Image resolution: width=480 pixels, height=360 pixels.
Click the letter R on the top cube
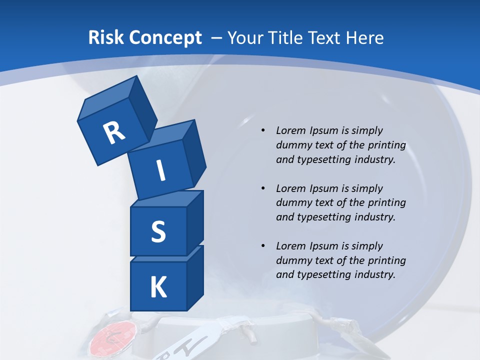(x=114, y=132)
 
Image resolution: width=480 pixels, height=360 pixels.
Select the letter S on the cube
(x=158, y=231)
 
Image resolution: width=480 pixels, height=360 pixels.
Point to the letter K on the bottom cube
(x=158, y=287)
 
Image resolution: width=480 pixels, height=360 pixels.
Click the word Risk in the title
(x=107, y=37)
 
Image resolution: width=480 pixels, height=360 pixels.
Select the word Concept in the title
(x=165, y=37)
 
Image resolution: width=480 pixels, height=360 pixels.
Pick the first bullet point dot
(x=263, y=130)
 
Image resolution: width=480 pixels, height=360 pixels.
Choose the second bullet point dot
(x=263, y=188)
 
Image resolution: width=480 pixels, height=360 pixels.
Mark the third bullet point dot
(x=263, y=246)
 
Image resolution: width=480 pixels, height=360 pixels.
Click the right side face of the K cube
(x=195, y=278)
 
